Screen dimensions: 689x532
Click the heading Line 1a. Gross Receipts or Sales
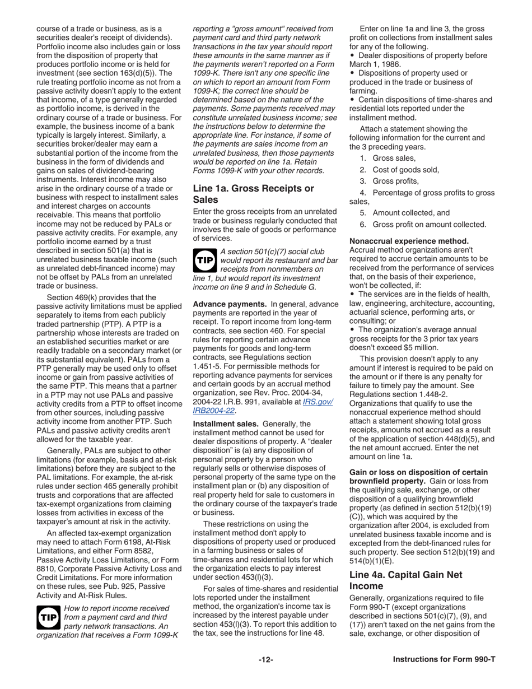point(253,194)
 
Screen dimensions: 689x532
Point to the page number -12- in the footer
point(265,660)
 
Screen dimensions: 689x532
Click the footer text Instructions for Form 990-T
point(444,660)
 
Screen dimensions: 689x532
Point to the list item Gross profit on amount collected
point(428,225)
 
